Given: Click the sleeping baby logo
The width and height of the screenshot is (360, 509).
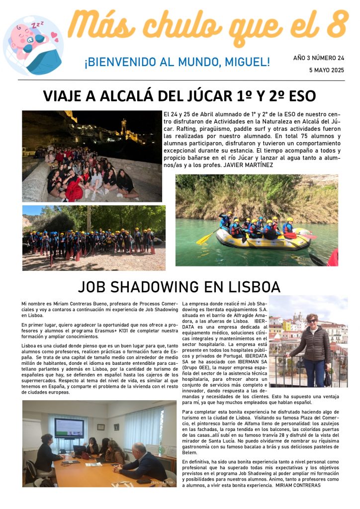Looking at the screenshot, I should [x=33, y=45].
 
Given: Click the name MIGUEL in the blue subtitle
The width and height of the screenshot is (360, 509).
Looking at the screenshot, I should [x=247, y=62].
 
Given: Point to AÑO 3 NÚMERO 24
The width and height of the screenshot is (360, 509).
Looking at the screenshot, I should [x=318, y=58].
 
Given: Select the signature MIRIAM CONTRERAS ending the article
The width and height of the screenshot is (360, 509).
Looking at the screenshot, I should [x=298, y=485].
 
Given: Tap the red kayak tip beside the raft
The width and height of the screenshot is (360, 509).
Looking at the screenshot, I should [x=333, y=257].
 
